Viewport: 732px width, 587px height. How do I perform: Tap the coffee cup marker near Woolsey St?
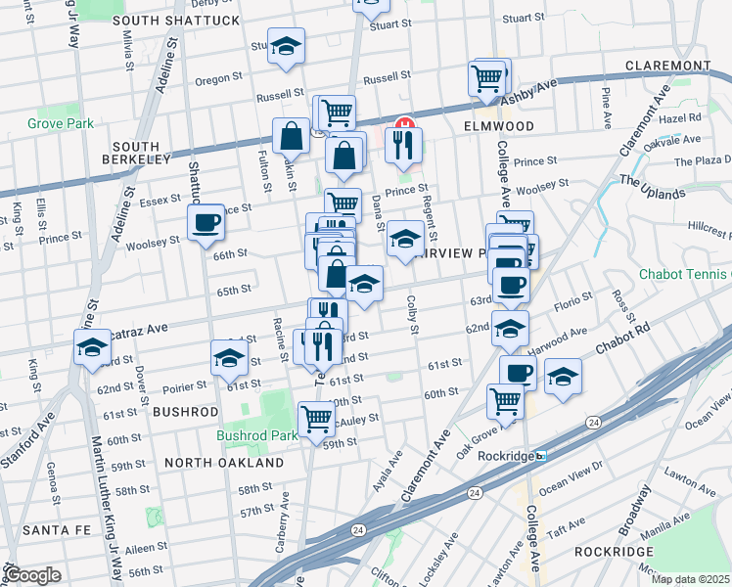coord(205,223)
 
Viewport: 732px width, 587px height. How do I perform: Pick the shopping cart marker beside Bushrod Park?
coord(316,419)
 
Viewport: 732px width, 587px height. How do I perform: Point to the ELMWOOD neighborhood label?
coord(499,127)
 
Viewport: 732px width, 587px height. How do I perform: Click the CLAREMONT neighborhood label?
coord(669,66)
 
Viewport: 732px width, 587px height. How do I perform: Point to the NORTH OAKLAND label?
coord(224,462)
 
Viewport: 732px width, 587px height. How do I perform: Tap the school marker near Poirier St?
coord(229,358)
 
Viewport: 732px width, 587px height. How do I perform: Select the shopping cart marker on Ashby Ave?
coord(486,77)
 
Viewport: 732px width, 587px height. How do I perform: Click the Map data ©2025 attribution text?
coord(691,579)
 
